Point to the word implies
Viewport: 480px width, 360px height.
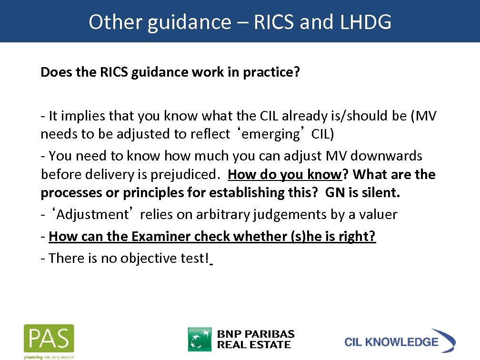pyautogui.click(x=83, y=116)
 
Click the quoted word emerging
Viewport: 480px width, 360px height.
pyautogui.click(x=269, y=134)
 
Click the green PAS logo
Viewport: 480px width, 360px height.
pyautogui.click(x=49, y=339)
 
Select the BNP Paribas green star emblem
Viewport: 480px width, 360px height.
pyautogui.click(x=200, y=339)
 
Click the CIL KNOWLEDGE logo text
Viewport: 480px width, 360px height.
pyautogui.click(x=391, y=342)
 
